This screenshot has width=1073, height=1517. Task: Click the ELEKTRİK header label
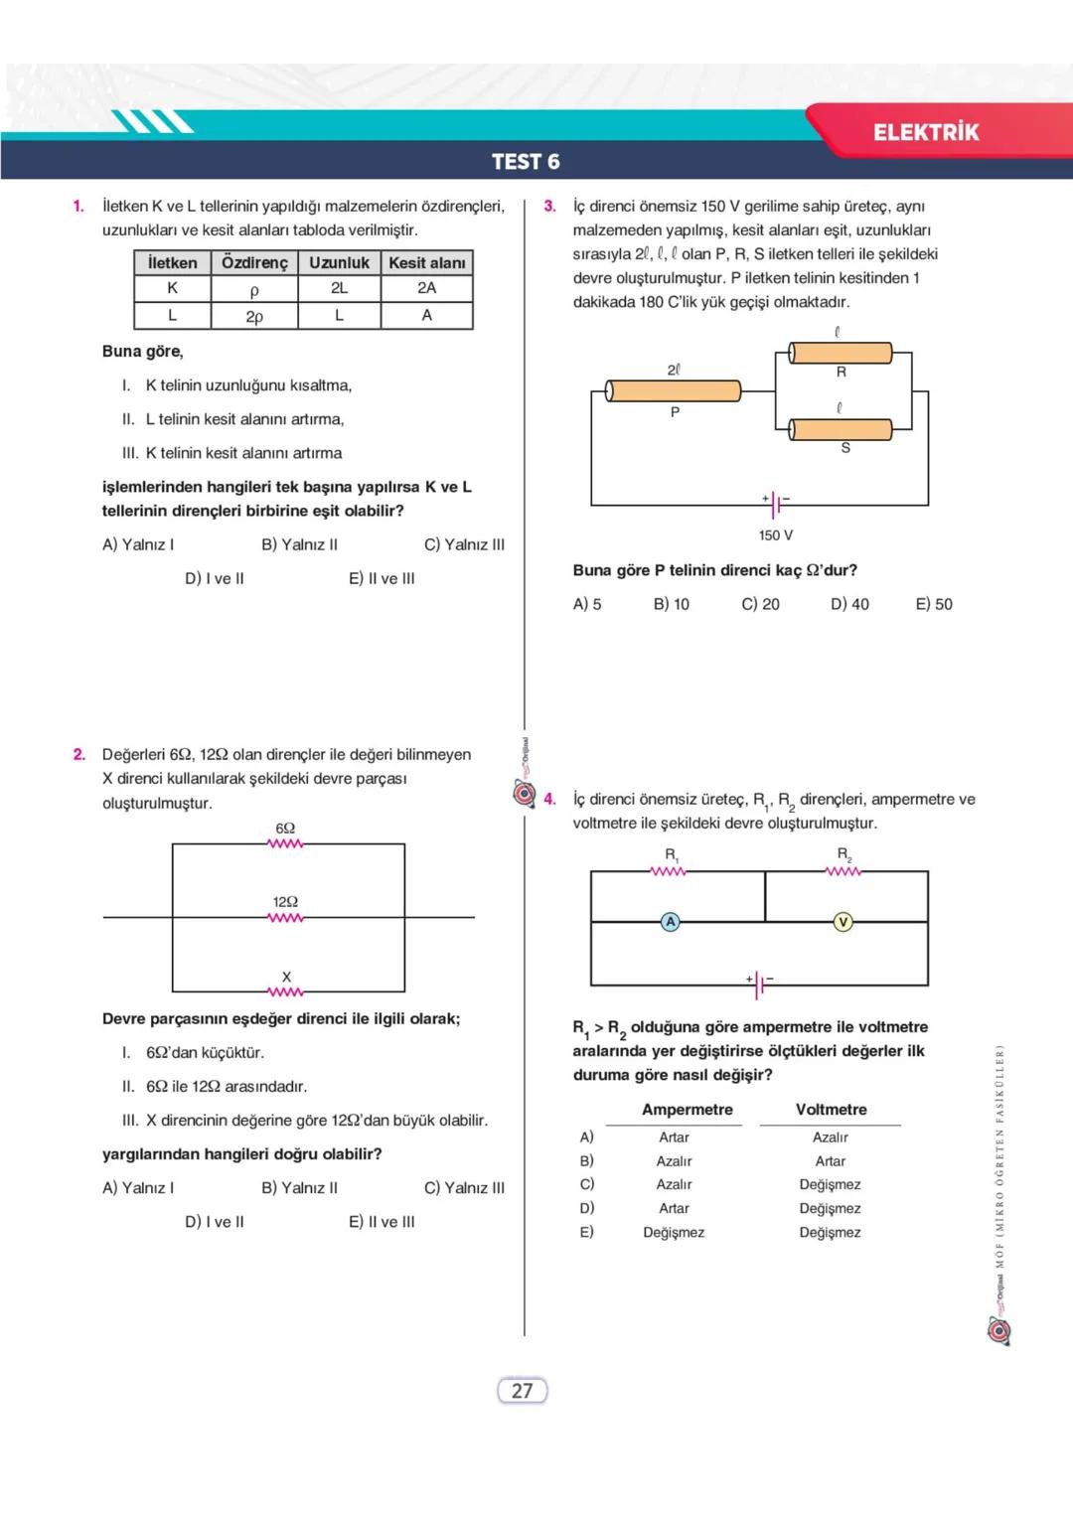coord(925,132)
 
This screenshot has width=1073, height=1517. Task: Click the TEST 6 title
coord(526,162)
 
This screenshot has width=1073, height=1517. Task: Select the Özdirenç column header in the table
coord(254,263)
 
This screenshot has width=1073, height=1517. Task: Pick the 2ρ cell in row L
coord(254,317)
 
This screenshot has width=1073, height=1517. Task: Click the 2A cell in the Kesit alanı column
coord(426,288)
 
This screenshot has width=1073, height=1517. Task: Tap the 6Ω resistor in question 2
coord(285,843)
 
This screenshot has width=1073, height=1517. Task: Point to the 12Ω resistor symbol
coord(285,917)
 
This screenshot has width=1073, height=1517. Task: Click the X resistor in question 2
coord(285,991)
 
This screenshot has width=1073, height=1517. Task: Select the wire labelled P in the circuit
coord(674,390)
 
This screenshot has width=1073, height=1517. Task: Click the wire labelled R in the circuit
coord(841,353)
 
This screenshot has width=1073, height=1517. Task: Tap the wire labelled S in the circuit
coord(841,429)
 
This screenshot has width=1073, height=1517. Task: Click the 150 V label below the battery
coord(775,535)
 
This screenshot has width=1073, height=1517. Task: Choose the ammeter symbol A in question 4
coord(671,922)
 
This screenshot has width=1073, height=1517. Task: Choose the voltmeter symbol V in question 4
coord(843,922)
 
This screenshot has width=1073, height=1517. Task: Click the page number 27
coord(522,1391)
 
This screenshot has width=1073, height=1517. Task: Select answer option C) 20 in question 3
coord(760,604)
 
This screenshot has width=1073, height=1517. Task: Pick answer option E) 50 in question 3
coord(933,604)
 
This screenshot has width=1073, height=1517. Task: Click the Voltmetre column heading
coord(831,1110)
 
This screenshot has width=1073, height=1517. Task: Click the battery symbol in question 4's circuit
coord(760,985)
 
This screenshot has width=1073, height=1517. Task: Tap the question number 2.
coord(79,755)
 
